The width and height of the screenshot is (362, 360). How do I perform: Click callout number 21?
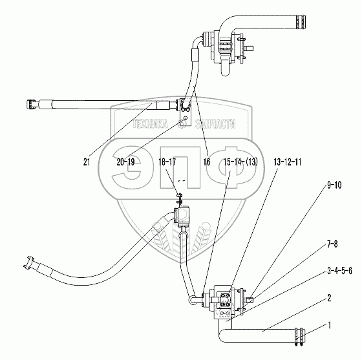(x=87, y=162)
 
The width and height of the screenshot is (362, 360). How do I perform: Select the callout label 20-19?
(x=125, y=162)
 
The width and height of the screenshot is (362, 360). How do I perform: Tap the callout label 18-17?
(x=167, y=162)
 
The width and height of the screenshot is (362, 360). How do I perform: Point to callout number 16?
(x=207, y=162)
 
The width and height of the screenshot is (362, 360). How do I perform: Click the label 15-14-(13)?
(x=240, y=162)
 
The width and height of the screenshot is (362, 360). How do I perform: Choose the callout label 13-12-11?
(x=288, y=162)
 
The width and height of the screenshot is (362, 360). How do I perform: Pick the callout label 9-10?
(x=334, y=185)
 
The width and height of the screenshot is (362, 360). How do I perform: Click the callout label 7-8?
(x=332, y=244)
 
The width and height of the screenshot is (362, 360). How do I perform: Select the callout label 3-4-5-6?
(x=340, y=271)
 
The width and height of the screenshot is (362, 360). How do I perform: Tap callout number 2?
(x=329, y=298)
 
